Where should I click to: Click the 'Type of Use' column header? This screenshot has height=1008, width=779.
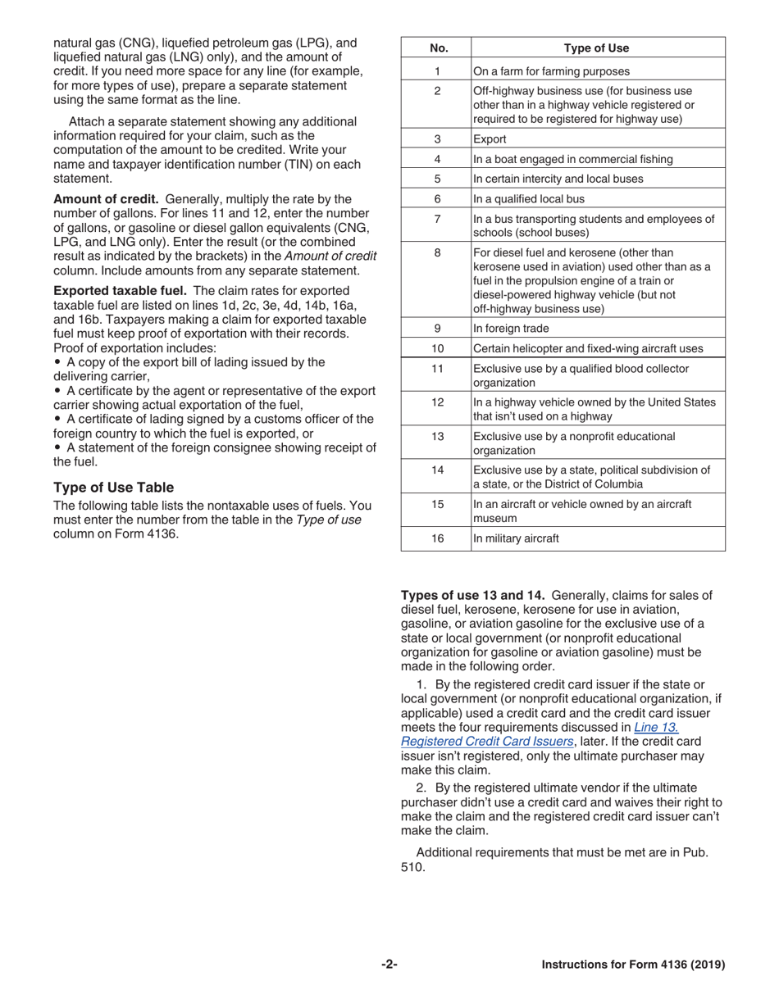coord(596,48)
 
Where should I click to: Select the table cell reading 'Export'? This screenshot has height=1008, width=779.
coord(490,139)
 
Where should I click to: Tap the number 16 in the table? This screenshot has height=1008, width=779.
coord(437,538)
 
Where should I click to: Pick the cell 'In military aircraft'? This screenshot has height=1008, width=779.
coord(516,538)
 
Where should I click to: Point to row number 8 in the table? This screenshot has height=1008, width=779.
coord(437,253)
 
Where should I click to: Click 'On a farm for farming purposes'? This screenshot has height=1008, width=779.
coord(551,71)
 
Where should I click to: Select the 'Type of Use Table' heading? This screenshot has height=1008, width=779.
coord(113,488)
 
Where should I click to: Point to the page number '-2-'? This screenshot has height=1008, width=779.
coord(389,965)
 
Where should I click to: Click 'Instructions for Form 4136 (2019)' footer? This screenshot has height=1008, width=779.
coord(633,965)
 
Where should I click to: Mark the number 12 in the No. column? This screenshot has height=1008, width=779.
coord(437,402)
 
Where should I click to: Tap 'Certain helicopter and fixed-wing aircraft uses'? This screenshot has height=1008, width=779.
coord(588,348)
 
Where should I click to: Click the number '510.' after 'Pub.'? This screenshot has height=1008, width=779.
coord(413,867)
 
